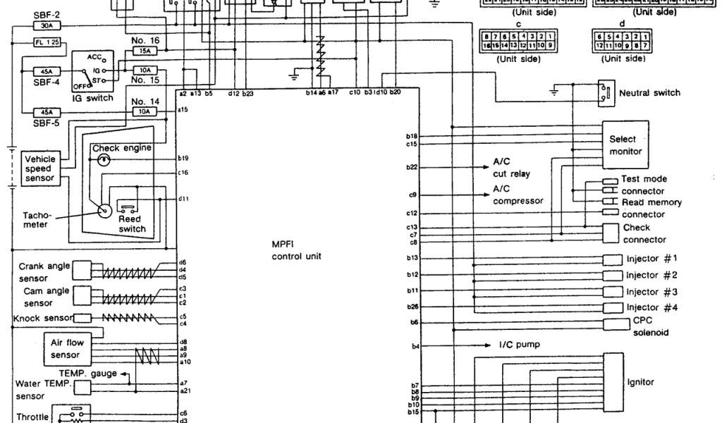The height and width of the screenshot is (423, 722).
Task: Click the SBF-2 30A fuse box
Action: click(47, 25)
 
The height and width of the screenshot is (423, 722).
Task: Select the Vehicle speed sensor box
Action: click(39, 168)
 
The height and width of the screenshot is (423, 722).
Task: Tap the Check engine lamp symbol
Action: click(104, 160)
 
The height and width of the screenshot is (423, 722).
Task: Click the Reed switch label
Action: click(132, 223)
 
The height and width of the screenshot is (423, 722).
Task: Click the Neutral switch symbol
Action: click(604, 92)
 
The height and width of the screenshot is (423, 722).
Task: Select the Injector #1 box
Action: click(613, 259)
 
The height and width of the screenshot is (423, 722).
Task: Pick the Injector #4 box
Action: click(613, 307)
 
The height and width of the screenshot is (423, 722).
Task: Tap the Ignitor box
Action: click(613, 383)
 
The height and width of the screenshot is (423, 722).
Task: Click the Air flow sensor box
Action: click(66, 349)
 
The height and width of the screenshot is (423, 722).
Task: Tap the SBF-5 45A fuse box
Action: click(47, 112)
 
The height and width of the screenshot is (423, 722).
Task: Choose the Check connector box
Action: click(613, 233)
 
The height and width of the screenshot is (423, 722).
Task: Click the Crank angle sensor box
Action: click(82, 271)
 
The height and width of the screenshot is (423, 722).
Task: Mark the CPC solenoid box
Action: click(613, 324)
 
